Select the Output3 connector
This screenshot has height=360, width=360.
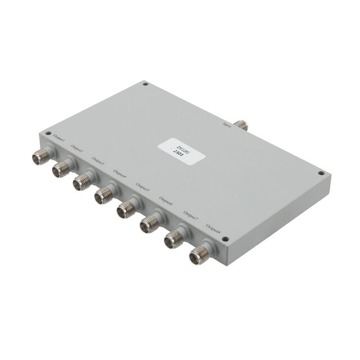81,182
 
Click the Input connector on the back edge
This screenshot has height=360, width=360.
243,124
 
